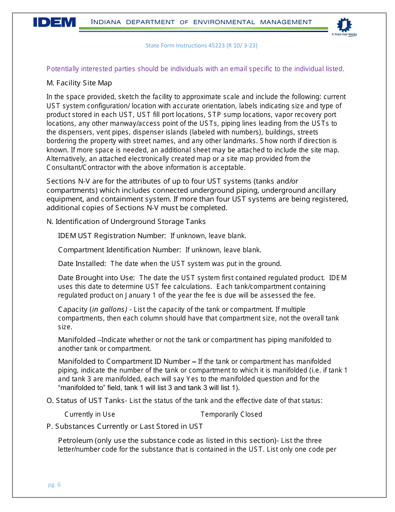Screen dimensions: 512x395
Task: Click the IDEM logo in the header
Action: (x=54, y=22)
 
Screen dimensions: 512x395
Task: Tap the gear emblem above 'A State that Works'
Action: (x=343, y=25)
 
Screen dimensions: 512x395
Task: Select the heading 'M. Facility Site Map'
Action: (x=79, y=83)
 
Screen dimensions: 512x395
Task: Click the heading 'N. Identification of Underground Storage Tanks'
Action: (x=126, y=221)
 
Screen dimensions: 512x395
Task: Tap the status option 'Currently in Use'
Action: (x=90, y=414)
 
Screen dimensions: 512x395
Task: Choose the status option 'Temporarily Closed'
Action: (x=231, y=414)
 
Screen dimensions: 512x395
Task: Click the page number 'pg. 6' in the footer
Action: (x=54, y=485)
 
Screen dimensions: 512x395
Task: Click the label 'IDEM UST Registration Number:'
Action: (x=112, y=236)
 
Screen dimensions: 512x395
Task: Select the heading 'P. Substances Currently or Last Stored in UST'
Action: (x=125, y=426)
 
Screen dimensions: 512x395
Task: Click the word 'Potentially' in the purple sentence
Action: (x=63, y=69)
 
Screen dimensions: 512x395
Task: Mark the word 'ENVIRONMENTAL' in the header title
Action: (x=224, y=22)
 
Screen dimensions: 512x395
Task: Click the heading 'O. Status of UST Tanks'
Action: (x=85, y=400)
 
